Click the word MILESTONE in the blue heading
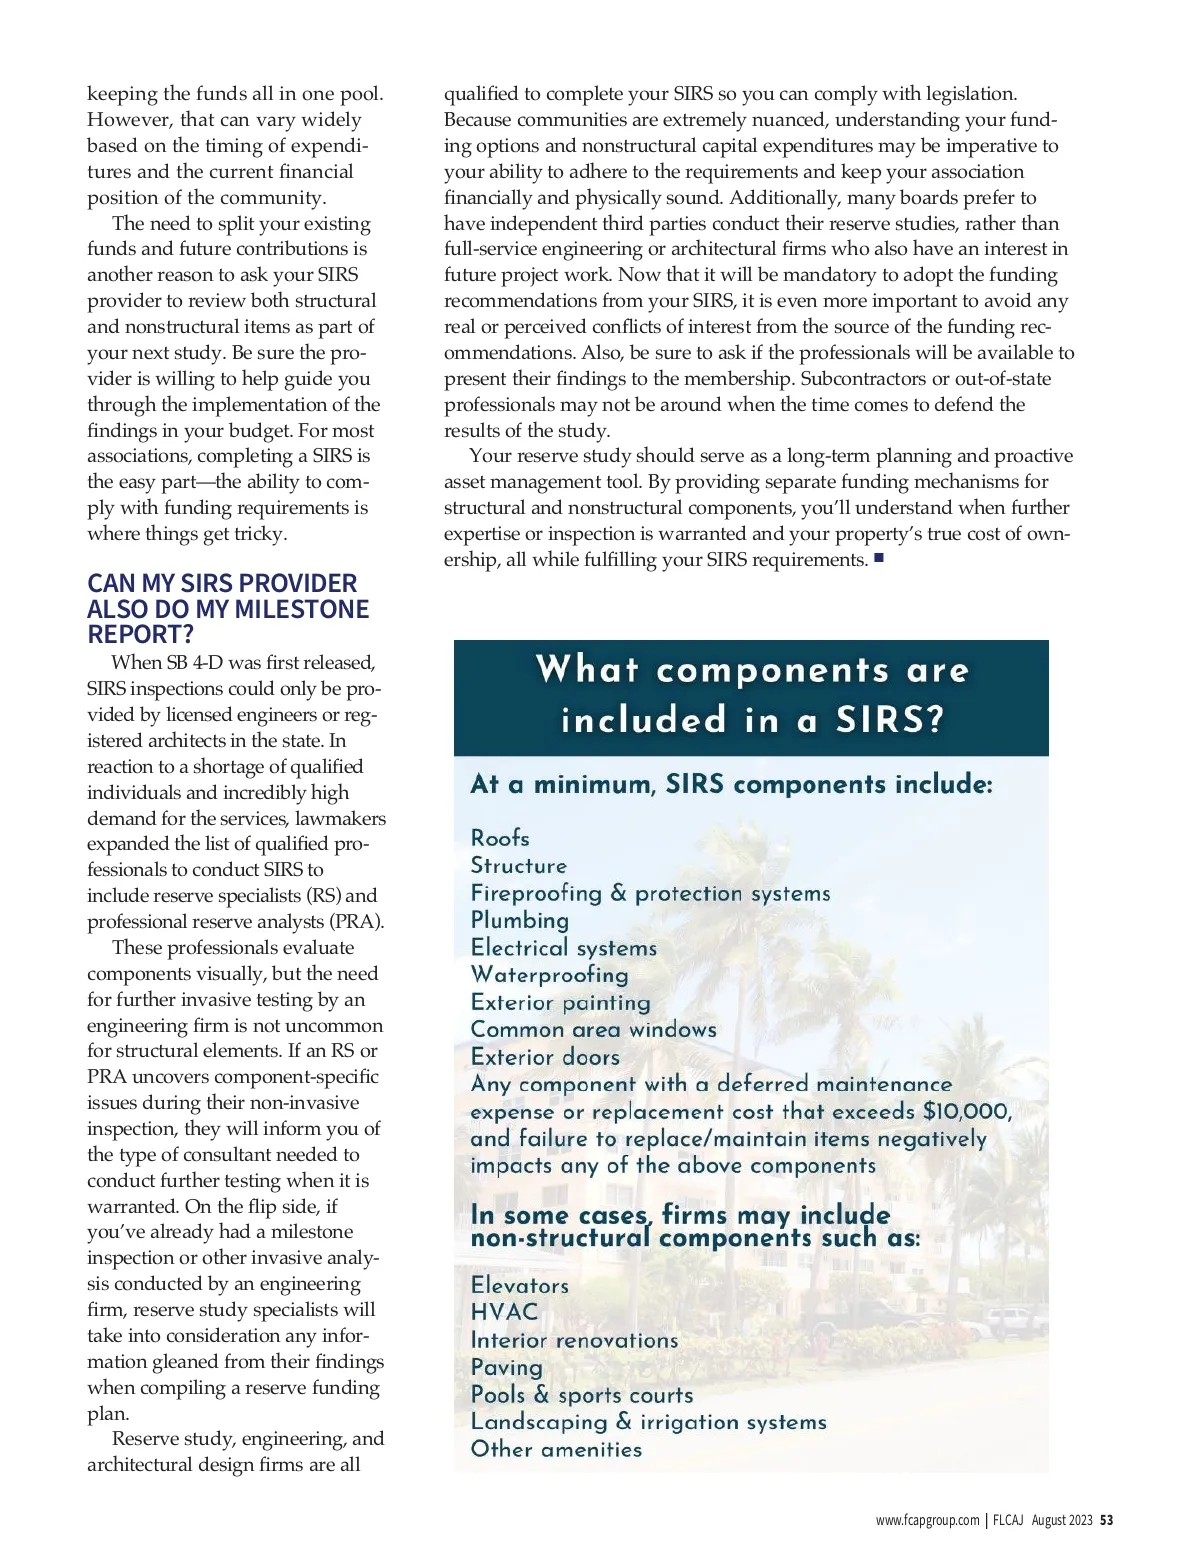coord(301,609)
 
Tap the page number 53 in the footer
coord(1106,1520)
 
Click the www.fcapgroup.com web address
coord(927,1520)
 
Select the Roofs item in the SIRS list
coord(500,838)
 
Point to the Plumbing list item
coord(519,920)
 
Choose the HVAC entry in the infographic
coord(504,1312)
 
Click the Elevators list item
coord(519,1285)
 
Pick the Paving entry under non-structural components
coord(506,1367)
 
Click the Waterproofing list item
coord(549,974)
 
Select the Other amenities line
coord(556,1449)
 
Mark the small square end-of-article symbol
coord(879,558)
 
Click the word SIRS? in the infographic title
coord(890,720)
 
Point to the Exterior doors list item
coord(545,1057)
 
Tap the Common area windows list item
coord(593,1029)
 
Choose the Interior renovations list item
coord(574,1340)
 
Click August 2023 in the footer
coord(1062,1520)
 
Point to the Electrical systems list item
coord(564,947)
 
